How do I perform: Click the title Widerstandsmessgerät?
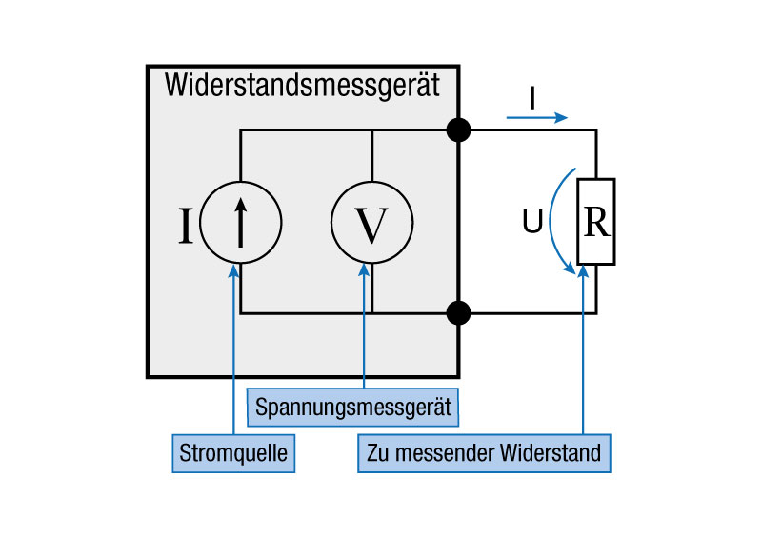302,86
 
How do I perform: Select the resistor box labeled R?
596,222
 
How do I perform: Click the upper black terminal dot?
459,130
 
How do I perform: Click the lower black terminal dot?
459,312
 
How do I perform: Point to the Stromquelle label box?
233,452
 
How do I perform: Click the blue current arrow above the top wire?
536,118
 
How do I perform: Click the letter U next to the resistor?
532,224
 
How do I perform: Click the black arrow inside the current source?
241,222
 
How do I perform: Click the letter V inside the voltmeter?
371,225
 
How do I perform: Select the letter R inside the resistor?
596,222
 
